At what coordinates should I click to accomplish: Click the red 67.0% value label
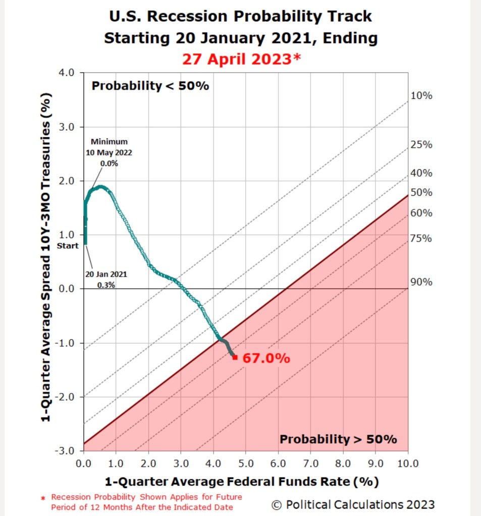pos(266,359)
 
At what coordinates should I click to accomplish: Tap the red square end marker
pos(235,357)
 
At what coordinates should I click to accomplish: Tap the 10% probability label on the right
pos(421,96)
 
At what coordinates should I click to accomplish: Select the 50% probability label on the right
pos(421,193)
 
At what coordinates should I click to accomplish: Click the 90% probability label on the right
pos(421,282)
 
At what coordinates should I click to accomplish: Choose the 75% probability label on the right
pos(421,238)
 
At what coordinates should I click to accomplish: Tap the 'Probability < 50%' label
pos(150,86)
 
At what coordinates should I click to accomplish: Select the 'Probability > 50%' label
pos(338,439)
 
